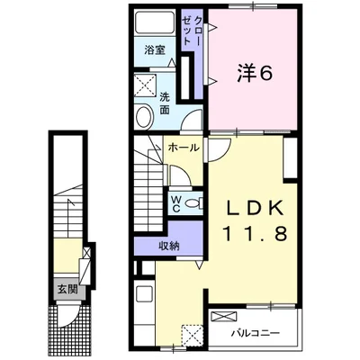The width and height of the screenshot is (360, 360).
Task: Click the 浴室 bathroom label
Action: click(155, 49)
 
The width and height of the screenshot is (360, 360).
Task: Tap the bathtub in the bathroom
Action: click(155, 22)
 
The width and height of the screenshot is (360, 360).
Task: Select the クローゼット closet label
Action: click(193, 31)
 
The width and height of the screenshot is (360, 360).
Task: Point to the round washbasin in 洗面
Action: click(145, 117)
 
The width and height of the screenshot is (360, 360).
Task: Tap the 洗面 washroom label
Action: click(165, 103)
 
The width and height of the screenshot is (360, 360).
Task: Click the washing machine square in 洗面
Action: click(146, 85)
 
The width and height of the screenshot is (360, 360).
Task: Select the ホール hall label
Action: click(184, 148)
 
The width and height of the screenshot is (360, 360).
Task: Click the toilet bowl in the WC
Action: click(193, 204)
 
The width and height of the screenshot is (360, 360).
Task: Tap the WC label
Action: click(175, 204)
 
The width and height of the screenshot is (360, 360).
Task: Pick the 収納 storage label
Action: click(169, 247)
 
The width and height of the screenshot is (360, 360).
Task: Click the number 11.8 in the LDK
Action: click(255, 233)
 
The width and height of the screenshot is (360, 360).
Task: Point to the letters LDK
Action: click(255, 207)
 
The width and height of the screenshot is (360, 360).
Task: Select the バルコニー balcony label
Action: click(256, 333)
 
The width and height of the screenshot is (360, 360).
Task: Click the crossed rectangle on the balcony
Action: click(224, 316)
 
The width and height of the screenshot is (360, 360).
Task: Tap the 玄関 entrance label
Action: click(67, 290)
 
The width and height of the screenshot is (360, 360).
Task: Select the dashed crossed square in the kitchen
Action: click(192, 336)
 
